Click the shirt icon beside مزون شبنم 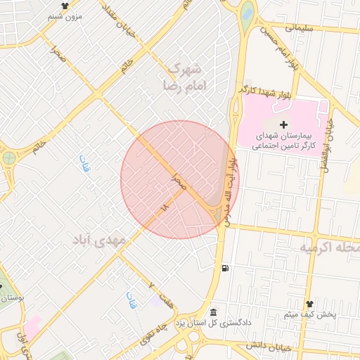tap(65, 6)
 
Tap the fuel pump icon tap(224, 268)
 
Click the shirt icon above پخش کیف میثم tap(309, 304)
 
